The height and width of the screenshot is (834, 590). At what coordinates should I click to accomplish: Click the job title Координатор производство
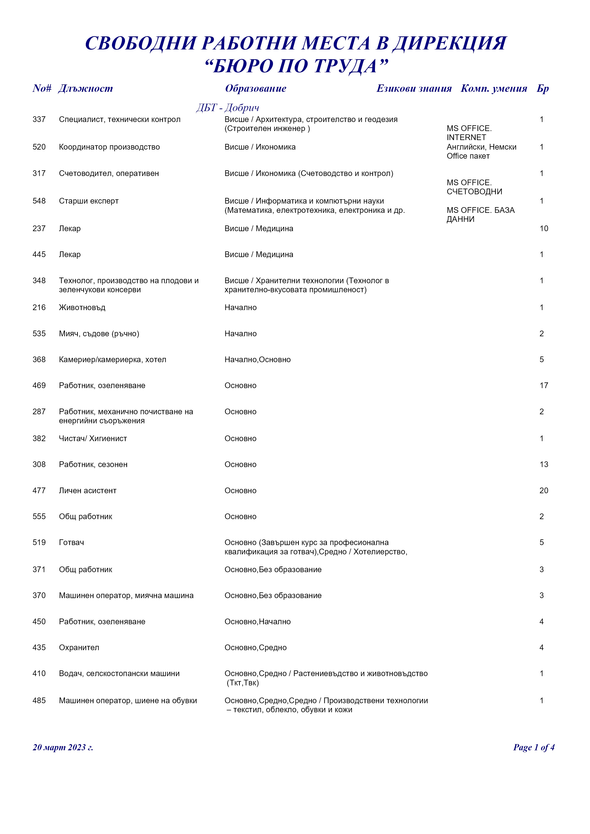[109, 147]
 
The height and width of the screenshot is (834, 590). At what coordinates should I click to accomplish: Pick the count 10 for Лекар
[544, 229]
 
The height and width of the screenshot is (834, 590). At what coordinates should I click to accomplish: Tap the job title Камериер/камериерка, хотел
[113, 360]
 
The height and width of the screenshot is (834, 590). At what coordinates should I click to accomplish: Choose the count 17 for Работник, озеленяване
[544, 385]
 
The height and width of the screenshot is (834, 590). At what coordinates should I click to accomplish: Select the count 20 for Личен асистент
[544, 491]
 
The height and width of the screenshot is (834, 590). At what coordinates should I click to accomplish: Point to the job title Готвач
[72, 543]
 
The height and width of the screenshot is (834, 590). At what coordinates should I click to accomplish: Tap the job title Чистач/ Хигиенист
[93, 439]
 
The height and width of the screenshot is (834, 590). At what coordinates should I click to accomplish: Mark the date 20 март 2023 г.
[63, 747]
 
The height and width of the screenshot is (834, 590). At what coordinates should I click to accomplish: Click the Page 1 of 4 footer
[533, 747]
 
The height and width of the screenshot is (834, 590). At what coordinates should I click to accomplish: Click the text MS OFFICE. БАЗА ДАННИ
[480, 215]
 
